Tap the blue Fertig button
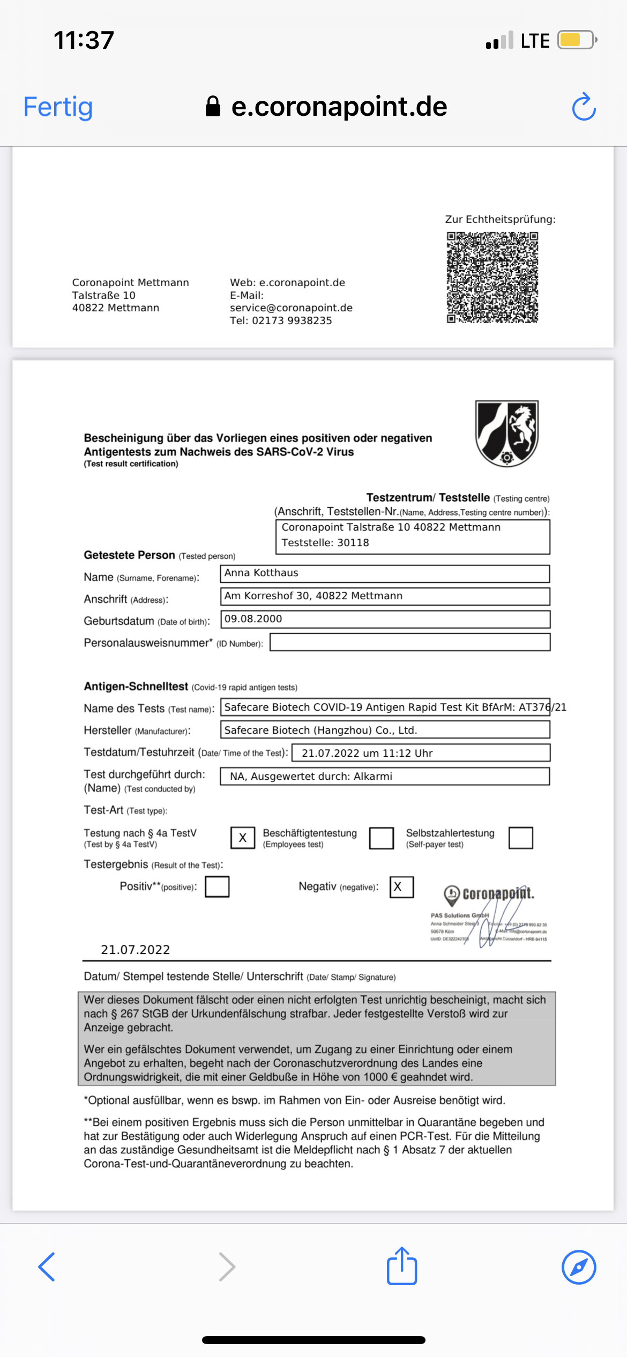point(58,107)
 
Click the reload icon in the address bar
point(584,107)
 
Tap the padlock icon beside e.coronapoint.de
point(213,107)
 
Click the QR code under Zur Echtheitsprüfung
point(492,277)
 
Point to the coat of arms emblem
point(507,433)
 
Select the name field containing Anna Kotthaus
point(384,573)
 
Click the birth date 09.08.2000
point(253,619)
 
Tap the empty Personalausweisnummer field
point(409,642)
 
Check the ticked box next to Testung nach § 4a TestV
point(243,838)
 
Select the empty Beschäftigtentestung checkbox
point(382,838)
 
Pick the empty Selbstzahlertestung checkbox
point(520,838)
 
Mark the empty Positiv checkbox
point(217,886)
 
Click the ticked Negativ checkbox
point(401,886)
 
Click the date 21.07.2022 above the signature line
point(136,950)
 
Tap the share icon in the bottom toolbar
point(402,1266)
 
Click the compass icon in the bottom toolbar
point(579,1267)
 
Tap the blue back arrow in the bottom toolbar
point(47,1267)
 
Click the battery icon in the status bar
point(577,40)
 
